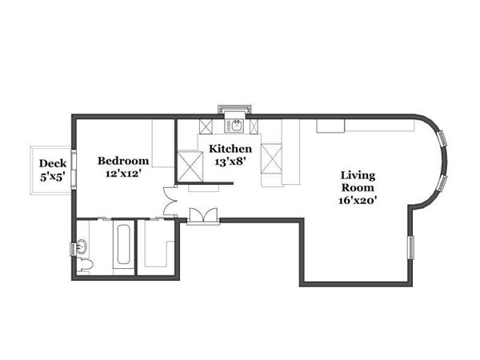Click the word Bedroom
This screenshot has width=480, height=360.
click(x=122, y=159)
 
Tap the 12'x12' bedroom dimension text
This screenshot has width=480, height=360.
click(x=122, y=171)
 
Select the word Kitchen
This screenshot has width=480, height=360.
click(x=230, y=149)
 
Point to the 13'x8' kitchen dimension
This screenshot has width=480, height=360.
click(x=230, y=161)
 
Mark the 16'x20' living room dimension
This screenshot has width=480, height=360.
click(x=358, y=200)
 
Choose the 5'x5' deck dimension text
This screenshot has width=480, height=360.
click(x=53, y=178)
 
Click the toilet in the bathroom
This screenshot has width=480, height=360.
click(x=87, y=264)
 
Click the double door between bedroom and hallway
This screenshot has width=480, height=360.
click(x=169, y=201)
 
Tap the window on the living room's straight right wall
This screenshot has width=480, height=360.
click(x=411, y=248)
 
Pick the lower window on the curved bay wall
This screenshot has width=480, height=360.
click(x=440, y=183)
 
